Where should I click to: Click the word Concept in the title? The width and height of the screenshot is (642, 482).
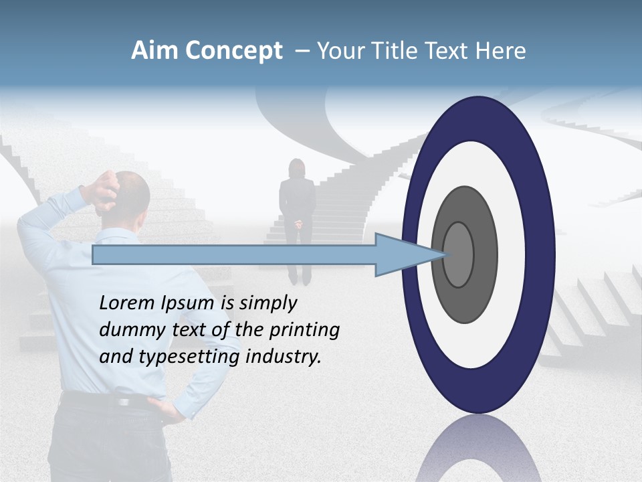[233, 52]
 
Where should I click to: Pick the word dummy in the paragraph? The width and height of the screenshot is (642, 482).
[129, 329]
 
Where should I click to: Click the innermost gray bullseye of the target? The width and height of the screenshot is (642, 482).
[459, 255]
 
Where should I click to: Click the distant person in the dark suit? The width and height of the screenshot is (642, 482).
[298, 214]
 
